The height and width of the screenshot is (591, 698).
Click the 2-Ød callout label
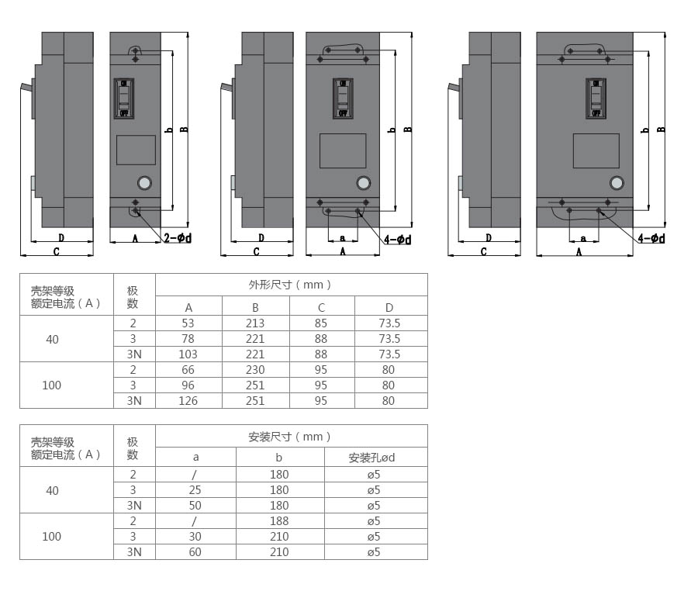tap(178, 238)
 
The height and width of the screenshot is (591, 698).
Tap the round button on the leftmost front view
tap(143, 184)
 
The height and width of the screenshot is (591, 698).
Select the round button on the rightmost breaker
tap(617, 184)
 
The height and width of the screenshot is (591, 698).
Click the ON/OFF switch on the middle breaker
tap(343, 98)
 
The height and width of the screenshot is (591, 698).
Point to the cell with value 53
tap(188, 323)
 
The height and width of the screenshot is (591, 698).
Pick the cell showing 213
tap(255, 323)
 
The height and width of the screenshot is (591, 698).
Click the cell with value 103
tap(188, 354)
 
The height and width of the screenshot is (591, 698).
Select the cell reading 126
tap(188, 401)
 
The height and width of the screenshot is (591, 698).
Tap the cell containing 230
tap(255, 370)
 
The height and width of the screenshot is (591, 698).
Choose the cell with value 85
tap(322, 323)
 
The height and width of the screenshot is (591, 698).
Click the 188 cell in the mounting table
tap(279, 521)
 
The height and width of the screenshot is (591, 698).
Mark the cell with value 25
tap(196, 490)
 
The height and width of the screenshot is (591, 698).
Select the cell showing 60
tap(196, 552)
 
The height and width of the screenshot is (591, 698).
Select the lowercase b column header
tap(279, 458)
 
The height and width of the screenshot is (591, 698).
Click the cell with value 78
tap(188, 339)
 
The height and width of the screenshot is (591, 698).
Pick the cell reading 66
tap(188, 370)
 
